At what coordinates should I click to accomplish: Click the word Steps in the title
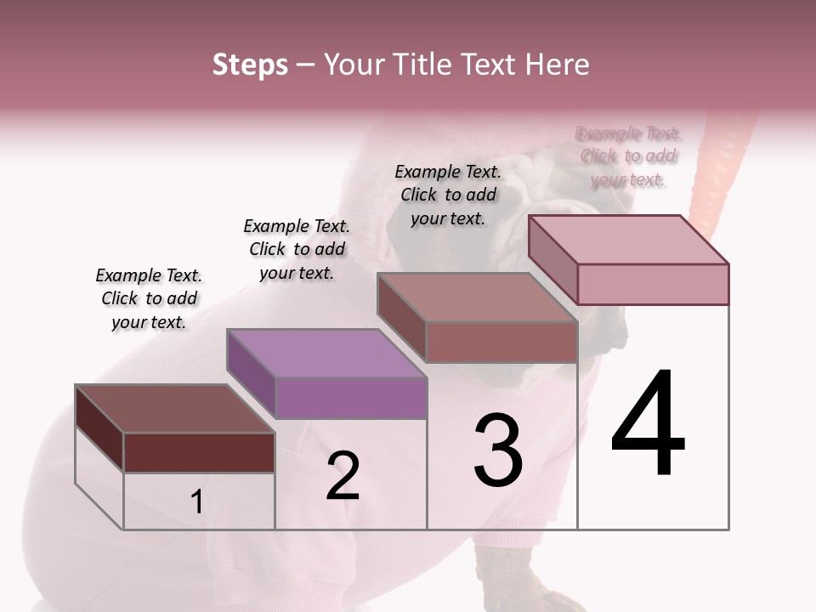point(250,65)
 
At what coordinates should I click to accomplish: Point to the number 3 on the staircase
point(498,450)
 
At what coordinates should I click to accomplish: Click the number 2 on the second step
point(343,476)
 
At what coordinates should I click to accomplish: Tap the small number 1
point(197,502)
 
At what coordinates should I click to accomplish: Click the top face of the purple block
point(326,354)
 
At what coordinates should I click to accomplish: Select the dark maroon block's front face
point(199,452)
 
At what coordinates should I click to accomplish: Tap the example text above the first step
point(149,298)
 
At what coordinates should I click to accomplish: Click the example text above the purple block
point(297,249)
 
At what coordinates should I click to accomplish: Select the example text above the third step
point(448,195)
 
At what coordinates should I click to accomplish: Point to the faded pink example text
point(628,156)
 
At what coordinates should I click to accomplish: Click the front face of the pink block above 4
point(653,284)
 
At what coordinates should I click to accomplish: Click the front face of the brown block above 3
point(501,342)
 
